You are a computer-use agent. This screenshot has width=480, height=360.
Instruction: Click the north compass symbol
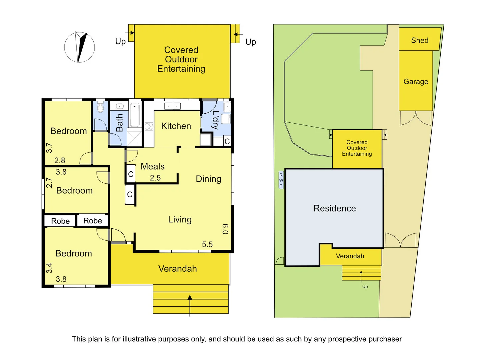click(79, 47)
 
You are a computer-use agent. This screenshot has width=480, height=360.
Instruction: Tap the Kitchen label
click(176, 126)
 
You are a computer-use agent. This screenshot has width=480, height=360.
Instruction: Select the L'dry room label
click(216, 120)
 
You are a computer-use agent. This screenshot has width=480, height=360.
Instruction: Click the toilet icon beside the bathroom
click(100, 108)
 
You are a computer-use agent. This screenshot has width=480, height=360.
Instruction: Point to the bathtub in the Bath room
click(135, 115)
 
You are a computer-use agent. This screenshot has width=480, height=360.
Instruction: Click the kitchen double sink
click(172, 106)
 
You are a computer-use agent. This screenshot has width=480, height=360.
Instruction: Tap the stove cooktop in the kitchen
click(149, 126)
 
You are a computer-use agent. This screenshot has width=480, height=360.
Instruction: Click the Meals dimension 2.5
click(155, 178)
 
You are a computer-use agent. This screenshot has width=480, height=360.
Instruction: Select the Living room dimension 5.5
click(207, 244)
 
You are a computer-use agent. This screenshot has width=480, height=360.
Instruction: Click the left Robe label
click(60, 221)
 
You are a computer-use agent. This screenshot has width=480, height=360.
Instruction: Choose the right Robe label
click(93, 221)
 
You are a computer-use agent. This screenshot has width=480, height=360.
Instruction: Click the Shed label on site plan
click(420, 40)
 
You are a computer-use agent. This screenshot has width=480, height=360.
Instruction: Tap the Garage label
click(416, 82)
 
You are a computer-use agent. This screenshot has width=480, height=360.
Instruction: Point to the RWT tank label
click(281, 180)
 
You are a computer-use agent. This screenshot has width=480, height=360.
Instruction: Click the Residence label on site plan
click(335, 208)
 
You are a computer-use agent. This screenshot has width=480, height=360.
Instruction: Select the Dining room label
click(208, 179)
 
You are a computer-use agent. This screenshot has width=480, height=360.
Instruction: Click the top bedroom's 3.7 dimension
click(49, 148)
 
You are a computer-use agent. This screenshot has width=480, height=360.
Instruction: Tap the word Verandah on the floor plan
click(177, 269)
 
